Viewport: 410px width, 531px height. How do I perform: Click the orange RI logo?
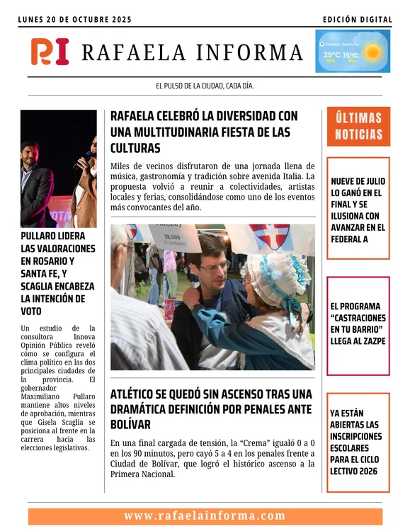point(50,52)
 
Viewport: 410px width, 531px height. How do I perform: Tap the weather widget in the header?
point(353,52)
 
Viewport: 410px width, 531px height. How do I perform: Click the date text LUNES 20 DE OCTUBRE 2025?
point(75,20)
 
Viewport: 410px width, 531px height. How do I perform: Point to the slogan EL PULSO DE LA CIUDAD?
point(205,86)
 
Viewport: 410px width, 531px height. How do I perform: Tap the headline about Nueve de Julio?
point(358,210)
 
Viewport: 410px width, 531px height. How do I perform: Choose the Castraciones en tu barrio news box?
point(358,324)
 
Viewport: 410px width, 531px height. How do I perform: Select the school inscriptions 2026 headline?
point(358,442)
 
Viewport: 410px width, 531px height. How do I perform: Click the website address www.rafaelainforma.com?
point(205,516)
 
